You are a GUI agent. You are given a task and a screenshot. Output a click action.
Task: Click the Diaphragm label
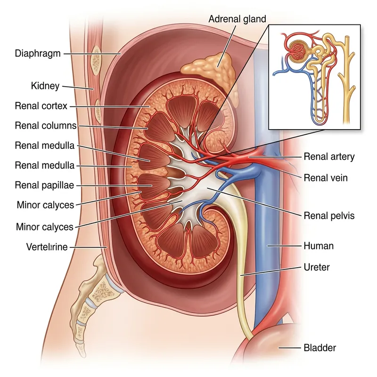pos(38,54)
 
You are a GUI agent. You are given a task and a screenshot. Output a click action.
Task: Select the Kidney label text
pos(45,86)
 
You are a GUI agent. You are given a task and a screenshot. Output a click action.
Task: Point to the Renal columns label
pos(46,126)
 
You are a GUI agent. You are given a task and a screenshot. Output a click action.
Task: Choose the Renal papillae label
pos(44,185)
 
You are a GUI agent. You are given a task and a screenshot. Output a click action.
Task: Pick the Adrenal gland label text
pos(238,19)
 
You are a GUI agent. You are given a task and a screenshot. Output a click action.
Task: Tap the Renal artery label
pos(329,156)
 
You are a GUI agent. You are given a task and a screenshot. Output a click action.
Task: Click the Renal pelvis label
pos(329,216)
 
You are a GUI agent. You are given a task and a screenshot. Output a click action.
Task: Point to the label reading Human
pos(318,246)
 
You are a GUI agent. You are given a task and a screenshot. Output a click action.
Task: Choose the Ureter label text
pos(317,267)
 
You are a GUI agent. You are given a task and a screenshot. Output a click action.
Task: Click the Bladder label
pos(320,348)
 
